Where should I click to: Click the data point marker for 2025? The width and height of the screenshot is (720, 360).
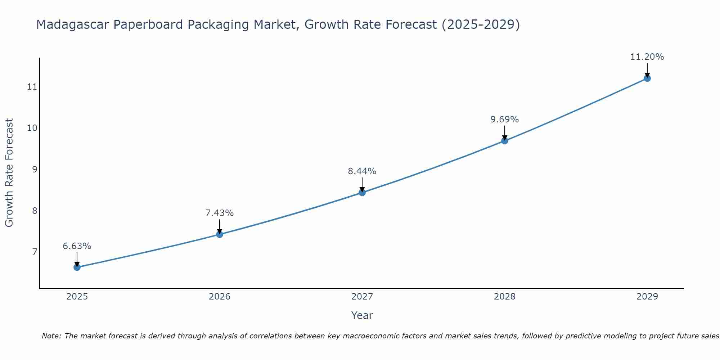(x=77, y=267)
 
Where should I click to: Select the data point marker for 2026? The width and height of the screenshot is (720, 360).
(x=220, y=234)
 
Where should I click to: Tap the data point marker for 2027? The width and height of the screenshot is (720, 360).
(x=362, y=193)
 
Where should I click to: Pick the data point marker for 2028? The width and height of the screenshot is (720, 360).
(x=505, y=141)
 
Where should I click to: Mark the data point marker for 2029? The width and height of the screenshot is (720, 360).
(x=647, y=78)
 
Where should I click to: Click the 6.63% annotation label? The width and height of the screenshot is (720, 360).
(x=77, y=246)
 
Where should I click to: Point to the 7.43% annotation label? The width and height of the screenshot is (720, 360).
(x=220, y=213)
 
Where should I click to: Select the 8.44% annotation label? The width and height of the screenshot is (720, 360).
(x=362, y=171)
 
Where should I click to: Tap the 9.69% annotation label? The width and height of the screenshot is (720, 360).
(x=505, y=120)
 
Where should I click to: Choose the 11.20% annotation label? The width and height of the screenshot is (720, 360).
(x=647, y=57)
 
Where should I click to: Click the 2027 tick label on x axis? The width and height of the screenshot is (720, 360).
(x=362, y=297)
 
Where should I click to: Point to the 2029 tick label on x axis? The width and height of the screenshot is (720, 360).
(x=647, y=297)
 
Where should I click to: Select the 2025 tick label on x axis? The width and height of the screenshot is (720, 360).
(x=77, y=297)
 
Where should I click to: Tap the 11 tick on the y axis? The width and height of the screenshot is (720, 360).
(x=32, y=87)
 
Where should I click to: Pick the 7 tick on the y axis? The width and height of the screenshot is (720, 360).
(x=35, y=252)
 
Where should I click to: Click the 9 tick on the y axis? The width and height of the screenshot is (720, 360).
(x=35, y=169)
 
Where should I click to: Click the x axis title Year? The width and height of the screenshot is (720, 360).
(x=362, y=315)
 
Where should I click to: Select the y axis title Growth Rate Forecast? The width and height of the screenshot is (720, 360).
(x=9, y=173)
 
